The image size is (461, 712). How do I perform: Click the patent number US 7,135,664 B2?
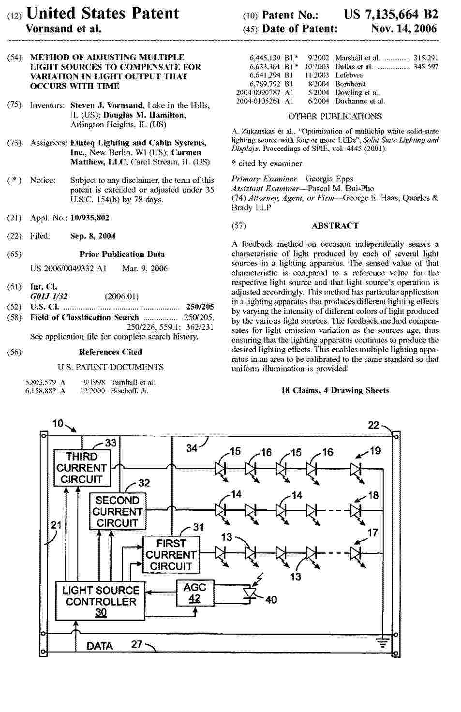tap(391, 15)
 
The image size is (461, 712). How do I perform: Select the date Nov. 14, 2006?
tap(404, 29)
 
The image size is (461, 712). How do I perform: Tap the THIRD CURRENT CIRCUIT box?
tap(81, 468)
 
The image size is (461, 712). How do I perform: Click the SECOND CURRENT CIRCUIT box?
tap(117, 512)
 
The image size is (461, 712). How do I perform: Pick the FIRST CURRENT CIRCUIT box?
tap(171, 555)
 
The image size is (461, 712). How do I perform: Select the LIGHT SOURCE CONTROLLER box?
tap(101, 601)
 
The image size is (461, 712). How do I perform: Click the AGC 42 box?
tap(194, 593)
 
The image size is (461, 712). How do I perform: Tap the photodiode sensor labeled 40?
tap(250, 594)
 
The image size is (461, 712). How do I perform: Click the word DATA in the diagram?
tap(100, 646)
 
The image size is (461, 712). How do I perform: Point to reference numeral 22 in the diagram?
tap(374, 425)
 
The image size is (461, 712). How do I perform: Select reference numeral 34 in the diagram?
tap(192, 448)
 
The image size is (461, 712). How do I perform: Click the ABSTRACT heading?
tap(335, 226)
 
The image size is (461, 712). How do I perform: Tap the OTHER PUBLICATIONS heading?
tap(335, 117)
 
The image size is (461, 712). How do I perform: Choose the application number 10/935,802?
tap(89, 218)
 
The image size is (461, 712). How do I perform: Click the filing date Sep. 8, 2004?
tap(93, 236)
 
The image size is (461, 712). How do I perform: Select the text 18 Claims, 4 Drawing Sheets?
tap(335, 390)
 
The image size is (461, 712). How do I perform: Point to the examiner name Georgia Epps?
tap(329, 179)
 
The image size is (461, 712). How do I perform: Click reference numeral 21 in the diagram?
tap(57, 525)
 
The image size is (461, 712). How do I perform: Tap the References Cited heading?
tap(110, 352)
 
